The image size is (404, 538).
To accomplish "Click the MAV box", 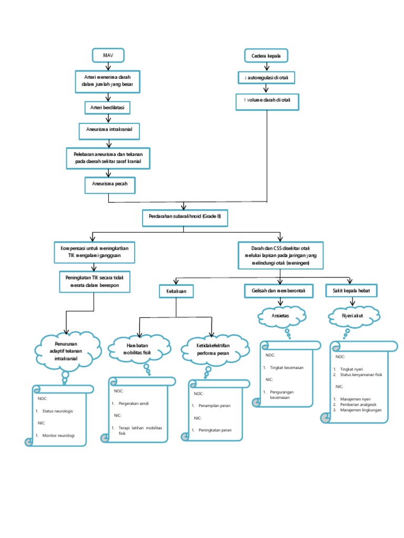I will (109, 55).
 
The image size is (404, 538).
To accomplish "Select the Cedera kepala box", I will (267, 56).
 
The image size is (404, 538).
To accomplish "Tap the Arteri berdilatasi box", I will (108, 107).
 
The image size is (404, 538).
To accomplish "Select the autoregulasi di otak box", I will (267, 78).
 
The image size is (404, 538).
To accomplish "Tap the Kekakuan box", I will (176, 291).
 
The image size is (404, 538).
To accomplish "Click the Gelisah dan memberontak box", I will (279, 290).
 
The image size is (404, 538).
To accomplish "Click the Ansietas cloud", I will (280, 317).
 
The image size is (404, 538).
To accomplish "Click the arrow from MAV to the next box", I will (109, 66).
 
